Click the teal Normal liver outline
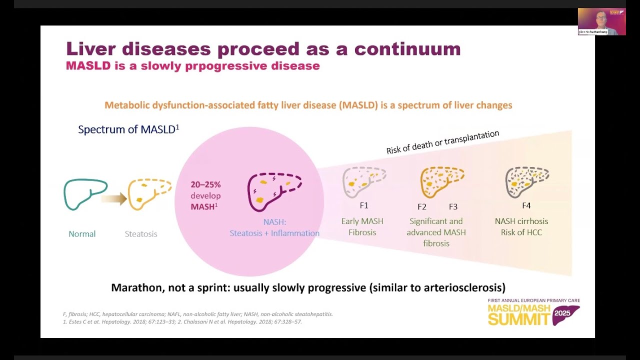[85, 193]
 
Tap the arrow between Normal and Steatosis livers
[114, 198]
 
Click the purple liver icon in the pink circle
[274, 191]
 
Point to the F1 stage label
[364, 205]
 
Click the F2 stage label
[422, 206]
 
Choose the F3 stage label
[453, 206]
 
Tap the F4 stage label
[526, 205]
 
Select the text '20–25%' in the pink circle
[205, 184]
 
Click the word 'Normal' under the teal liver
[82, 234]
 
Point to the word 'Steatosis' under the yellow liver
[141, 234]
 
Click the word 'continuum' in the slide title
[407, 49]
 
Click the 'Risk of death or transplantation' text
[442, 142]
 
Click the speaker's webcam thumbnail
[601, 21]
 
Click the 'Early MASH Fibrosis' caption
[362, 226]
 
